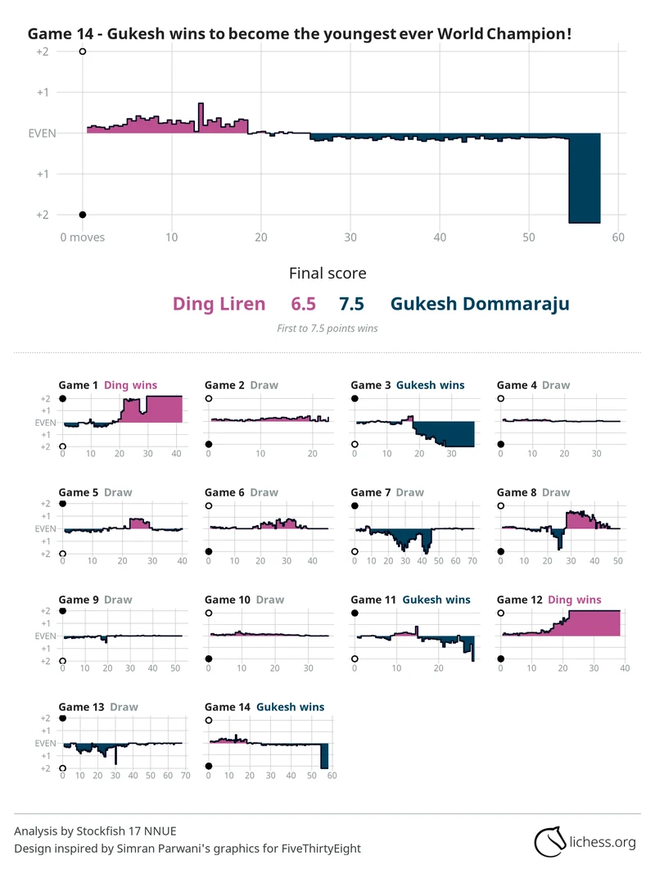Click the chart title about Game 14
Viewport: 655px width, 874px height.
pos(300,34)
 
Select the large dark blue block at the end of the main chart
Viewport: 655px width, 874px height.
pos(585,178)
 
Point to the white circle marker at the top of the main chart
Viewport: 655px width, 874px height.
pos(83,52)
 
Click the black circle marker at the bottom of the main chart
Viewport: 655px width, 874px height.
pos(83,215)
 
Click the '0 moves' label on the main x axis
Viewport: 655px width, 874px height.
pos(83,238)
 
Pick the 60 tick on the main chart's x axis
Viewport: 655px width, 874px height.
pos(618,238)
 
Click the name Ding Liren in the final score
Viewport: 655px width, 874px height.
pos(219,304)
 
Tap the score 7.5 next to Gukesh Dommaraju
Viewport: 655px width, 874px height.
pos(351,304)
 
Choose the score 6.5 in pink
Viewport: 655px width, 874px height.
pos(303,304)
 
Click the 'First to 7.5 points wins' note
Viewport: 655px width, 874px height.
pos(327,328)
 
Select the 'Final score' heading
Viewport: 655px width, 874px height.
pos(327,273)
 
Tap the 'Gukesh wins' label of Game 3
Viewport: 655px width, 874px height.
pos(430,385)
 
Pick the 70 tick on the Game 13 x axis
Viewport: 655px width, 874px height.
pos(185,775)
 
